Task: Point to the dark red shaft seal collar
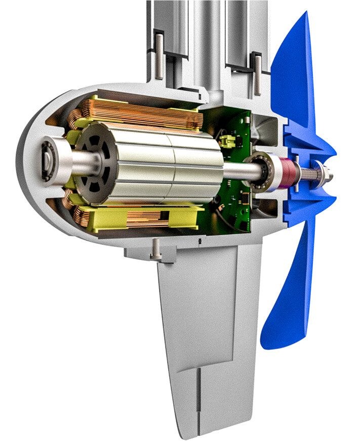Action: tap(289, 171)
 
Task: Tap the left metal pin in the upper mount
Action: tap(159, 56)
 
